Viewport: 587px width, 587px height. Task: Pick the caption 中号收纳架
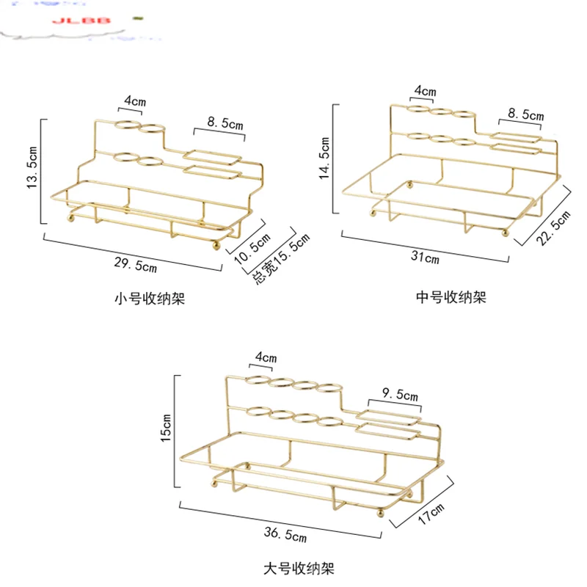tap(451, 297)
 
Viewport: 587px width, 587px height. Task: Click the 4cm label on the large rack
tap(266, 358)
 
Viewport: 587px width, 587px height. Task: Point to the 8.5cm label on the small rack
tap(225, 125)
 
